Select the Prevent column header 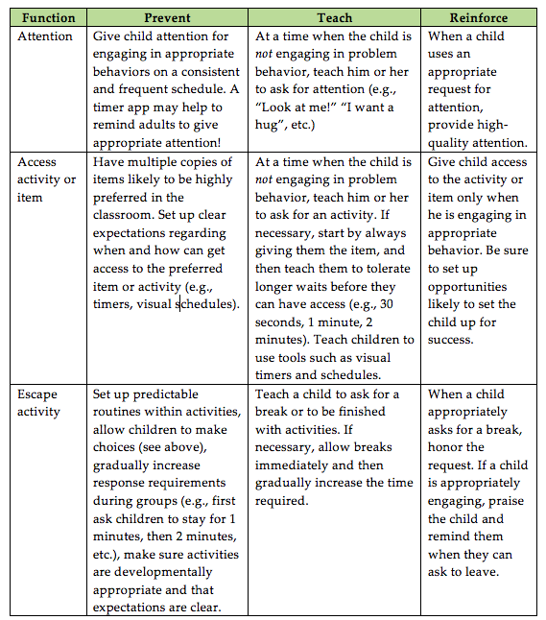168,17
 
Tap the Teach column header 334,17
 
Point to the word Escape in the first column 38,394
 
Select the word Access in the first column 38,161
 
